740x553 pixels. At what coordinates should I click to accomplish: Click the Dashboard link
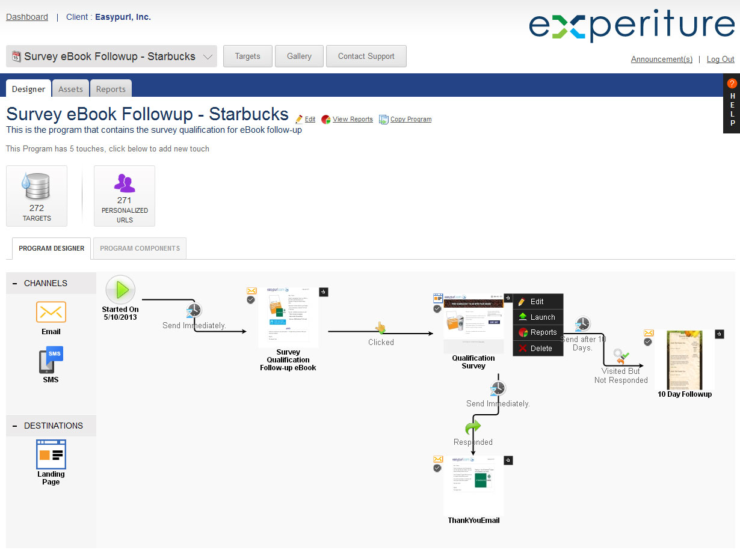point(27,17)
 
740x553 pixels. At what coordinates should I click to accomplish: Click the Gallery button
point(299,56)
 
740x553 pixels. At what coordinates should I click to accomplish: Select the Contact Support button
point(366,56)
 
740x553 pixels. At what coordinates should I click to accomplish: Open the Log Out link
point(720,59)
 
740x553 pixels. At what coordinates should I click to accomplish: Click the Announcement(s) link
point(661,59)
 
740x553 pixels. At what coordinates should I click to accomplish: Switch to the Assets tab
point(70,89)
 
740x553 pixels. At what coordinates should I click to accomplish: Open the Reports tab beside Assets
point(111,89)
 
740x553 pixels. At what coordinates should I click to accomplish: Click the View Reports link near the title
point(352,119)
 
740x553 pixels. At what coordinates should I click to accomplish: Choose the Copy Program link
point(410,119)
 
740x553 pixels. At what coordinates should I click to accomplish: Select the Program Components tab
point(140,248)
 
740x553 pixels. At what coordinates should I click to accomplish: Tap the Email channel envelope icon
point(51,312)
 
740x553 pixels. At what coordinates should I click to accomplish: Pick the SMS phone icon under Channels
point(51,360)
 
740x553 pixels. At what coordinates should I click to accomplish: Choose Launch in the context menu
point(542,317)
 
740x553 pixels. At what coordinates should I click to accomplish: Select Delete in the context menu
point(541,348)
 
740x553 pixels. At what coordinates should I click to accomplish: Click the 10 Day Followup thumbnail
point(684,359)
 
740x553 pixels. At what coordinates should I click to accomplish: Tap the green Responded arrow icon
point(473,427)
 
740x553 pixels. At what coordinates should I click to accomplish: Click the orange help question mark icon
point(732,84)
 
